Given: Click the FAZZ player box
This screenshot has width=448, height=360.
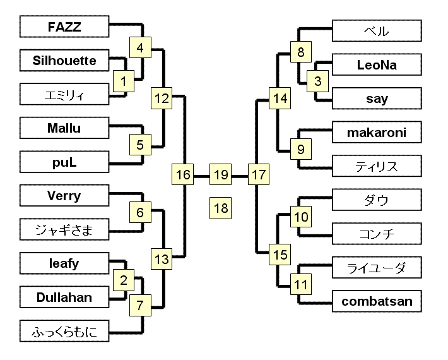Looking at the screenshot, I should click(64, 27).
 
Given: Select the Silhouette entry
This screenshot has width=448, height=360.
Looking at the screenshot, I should click(64, 61).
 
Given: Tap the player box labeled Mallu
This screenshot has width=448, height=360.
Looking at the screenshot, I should click(64, 129).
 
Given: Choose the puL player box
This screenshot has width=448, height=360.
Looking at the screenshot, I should click(64, 162).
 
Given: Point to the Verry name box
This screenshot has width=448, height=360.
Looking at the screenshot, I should click(64, 196).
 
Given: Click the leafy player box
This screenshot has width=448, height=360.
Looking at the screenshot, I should click(64, 263).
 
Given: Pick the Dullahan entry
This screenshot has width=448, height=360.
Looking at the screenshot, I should click(64, 297).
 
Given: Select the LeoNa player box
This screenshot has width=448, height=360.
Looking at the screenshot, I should click(377, 64).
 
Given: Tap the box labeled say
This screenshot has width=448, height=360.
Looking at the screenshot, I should click(377, 99).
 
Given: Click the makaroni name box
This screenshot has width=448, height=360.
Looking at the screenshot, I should click(377, 133).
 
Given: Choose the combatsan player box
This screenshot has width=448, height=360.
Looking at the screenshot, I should click(377, 301).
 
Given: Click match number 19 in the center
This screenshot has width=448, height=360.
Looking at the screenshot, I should click(221, 174).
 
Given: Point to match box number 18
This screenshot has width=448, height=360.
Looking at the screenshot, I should click(221, 208).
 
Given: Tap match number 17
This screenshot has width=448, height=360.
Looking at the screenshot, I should click(258, 174).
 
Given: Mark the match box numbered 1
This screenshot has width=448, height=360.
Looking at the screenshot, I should click(124, 80).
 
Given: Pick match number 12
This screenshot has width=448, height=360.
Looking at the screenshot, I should click(162, 98).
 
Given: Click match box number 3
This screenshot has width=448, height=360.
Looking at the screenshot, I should click(317, 81).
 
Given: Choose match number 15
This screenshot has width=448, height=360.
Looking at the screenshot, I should click(280, 255).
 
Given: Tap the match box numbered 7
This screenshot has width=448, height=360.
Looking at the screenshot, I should click(140, 306).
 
